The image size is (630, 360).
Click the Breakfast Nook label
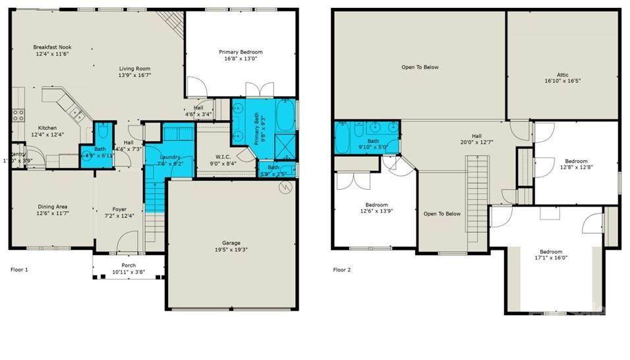[x=51, y=47]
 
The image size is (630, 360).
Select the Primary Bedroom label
[x=241, y=52]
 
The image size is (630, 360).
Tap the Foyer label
[x=119, y=210]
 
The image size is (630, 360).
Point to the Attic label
[x=562, y=75]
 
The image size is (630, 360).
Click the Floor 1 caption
[x=20, y=270]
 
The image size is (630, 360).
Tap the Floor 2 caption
[x=341, y=270]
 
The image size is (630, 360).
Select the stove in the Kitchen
[x=18, y=116]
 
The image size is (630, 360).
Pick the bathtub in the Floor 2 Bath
[x=344, y=137]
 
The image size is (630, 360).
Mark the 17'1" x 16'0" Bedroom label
[x=551, y=252]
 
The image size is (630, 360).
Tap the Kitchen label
[x=47, y=128]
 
